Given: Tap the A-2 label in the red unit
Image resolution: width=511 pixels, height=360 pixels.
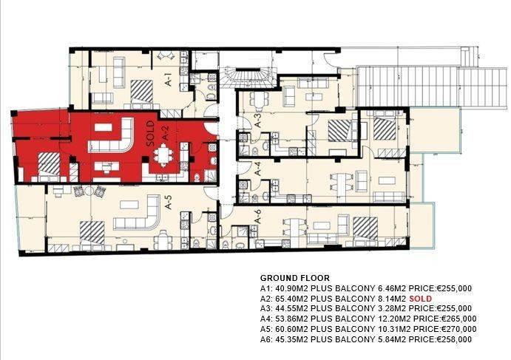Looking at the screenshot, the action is (166, 134).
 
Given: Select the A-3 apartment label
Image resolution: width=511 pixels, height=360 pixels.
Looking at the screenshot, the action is (258, 120).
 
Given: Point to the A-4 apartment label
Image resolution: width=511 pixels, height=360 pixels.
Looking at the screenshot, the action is (258, 169).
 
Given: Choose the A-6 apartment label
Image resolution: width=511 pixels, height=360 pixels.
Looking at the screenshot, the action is (257, 216).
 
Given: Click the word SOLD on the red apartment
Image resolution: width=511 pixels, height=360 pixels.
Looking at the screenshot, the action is (150, 134).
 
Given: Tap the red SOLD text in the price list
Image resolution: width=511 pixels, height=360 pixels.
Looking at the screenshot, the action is (420, 299).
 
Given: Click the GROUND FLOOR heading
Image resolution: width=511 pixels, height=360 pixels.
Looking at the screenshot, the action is (295, 278).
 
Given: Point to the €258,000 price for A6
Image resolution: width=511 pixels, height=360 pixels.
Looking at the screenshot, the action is (454, 339).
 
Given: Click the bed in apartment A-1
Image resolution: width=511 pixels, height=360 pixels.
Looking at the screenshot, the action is (142, 92).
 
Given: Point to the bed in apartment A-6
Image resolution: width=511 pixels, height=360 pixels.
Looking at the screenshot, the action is (365, 229).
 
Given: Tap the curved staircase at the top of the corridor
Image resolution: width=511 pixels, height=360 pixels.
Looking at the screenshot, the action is (248, 78).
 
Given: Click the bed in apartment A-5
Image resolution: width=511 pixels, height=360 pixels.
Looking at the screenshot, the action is (92, 233).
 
